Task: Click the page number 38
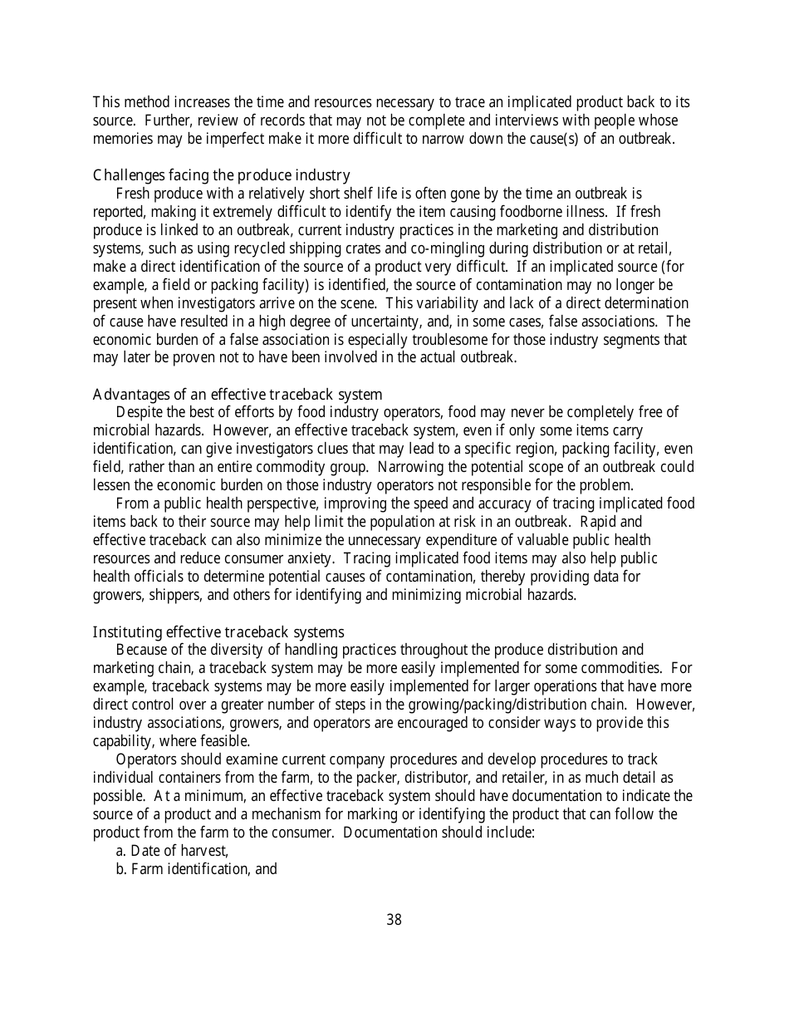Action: pos(394,920)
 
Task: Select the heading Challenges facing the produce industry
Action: pos(221,175)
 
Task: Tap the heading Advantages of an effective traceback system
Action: pos(238,395)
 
